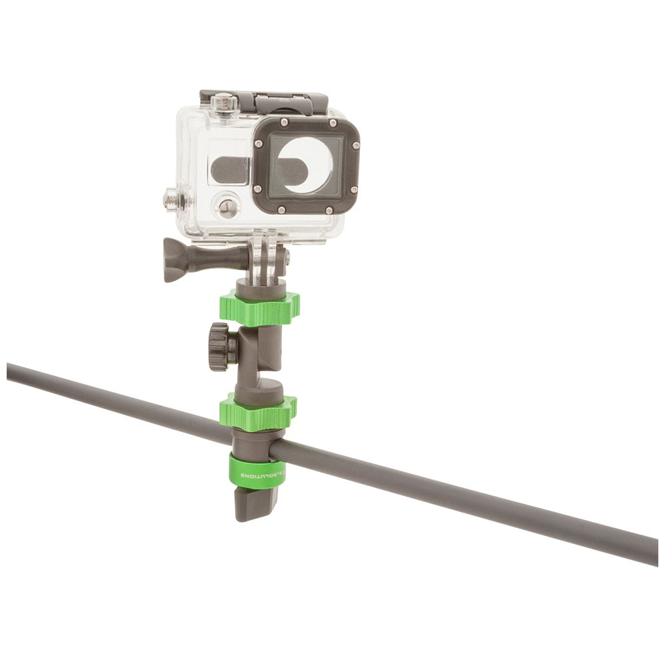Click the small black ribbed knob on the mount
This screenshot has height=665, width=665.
tap(219, 346)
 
